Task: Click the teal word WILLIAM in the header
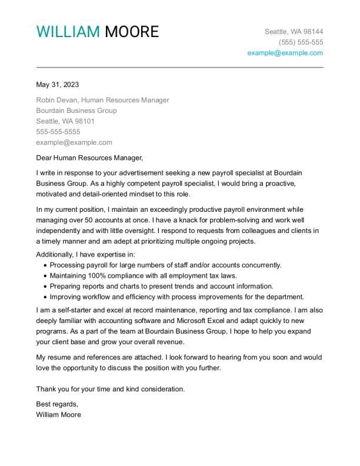(68, 32)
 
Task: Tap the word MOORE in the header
(132, 32)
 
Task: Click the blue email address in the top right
(285, 53)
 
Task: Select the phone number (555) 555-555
(301, 42)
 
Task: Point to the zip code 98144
(312, 32)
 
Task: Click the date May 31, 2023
(58, 84)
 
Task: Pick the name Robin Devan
(56, 100)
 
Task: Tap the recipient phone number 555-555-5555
(58, 132)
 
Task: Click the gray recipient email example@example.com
(74, 142)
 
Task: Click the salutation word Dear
(44, 158)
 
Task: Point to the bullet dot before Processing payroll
(45, 266)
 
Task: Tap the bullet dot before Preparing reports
(45, 287)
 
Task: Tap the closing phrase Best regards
(57, 404)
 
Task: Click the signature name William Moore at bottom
(59, 415)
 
